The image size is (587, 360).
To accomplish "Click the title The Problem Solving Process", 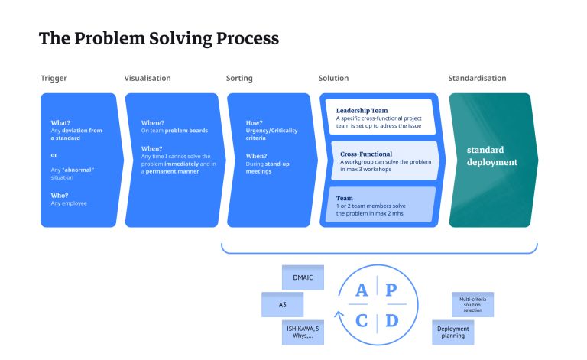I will pyautogui.click(x=158, y=38).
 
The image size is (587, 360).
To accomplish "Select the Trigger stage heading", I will pyautogui.click(x=54, y=78).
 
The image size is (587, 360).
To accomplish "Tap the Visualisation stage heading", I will pyautogui.click(x=148, y=78).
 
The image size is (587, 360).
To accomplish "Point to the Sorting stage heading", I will pyautogui.click(x=239, y=78).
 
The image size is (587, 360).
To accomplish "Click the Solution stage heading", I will pyautogui.click(x=333, y=78).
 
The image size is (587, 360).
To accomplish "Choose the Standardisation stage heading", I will pyautogui.click(x=477, y=78).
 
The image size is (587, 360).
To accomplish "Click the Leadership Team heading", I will pyautogui.click(x=362, y=111).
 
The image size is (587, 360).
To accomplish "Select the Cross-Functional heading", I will pyautogui.click(x=365, y=154).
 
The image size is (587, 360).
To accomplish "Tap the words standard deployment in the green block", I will pyautogui.click(x=492, y=156).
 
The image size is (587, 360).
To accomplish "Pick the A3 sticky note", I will pyautogui.click(x=282, y=304).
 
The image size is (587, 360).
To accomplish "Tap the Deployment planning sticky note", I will pyautogui.click(x=453, y=332).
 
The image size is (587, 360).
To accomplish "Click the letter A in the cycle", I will pyautogui.click(x=362, y=290).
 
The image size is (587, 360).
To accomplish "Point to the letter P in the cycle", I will pyautogui.click(x=391, y=290).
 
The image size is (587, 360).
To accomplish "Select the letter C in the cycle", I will pyautogui.click(x=362, y=320).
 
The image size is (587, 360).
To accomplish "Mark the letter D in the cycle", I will pyautogui.click(x=391, y=320).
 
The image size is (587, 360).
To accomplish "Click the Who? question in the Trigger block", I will pyautogui.click(x=60, y=196).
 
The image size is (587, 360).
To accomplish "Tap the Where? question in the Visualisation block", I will pyautogui.click(x=153, y=122).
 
